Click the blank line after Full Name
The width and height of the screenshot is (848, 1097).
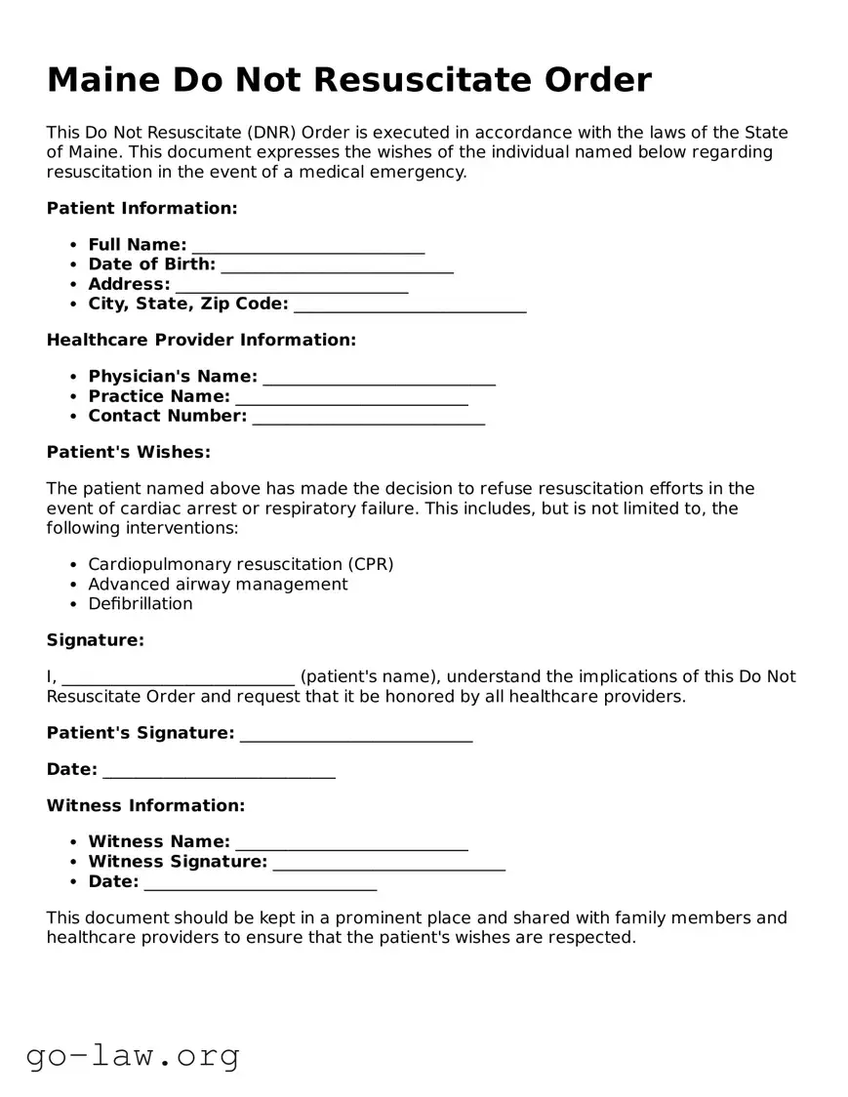307,246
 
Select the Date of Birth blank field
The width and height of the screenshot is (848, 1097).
337,265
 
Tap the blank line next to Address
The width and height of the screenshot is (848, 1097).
291,286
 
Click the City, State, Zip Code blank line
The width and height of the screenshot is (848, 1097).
409,305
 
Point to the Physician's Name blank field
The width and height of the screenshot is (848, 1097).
379,378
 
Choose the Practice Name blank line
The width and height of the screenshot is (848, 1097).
351,397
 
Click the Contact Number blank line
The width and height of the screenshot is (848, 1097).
368,418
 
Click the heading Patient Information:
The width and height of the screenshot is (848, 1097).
142,209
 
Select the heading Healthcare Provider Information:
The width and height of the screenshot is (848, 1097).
201,341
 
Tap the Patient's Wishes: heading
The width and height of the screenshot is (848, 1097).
129,453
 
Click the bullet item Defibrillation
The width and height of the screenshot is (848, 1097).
141,604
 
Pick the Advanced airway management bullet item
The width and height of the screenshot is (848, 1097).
218,585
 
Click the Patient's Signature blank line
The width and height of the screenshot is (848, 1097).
355,734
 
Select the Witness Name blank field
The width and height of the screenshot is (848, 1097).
351,842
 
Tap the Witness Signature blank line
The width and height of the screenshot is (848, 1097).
388,863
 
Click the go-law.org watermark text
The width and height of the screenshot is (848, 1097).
133,1055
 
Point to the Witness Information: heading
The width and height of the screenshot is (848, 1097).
145,806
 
